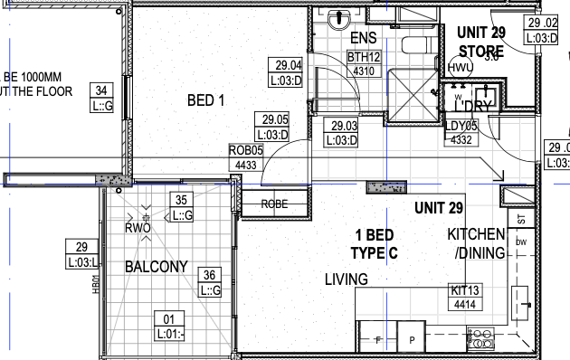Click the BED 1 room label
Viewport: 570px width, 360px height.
(x=204, y=99)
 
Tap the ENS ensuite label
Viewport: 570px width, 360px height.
(x=362, y=40)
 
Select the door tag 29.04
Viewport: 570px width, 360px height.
(x=288, y=71)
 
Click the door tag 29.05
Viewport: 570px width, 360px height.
(x=275, y=125)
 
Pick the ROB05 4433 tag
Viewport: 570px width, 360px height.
(x=245, y=158)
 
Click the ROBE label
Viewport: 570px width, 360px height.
(x=274, y=204)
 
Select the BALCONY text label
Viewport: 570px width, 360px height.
(x=156, y=267)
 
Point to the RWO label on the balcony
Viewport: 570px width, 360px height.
(x=138, y=229)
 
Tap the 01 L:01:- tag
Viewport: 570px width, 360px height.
(x=167, y=324)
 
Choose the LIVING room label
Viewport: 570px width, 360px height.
(x=346, y=279)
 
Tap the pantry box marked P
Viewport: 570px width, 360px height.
(x=411, y=340)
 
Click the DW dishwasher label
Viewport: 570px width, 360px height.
(x=521, y=242)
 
